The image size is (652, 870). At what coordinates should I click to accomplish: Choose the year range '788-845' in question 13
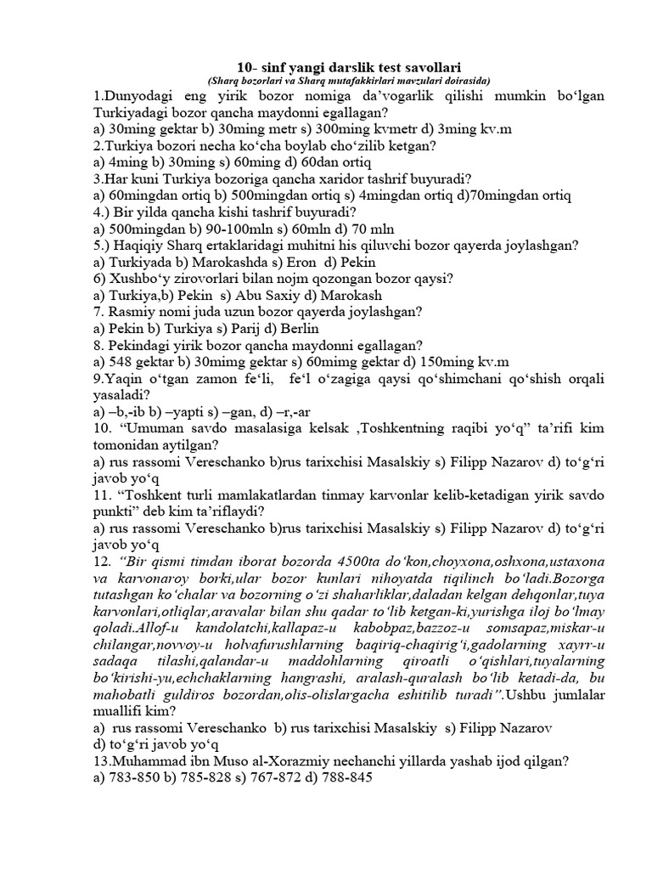[x=348, y=777]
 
